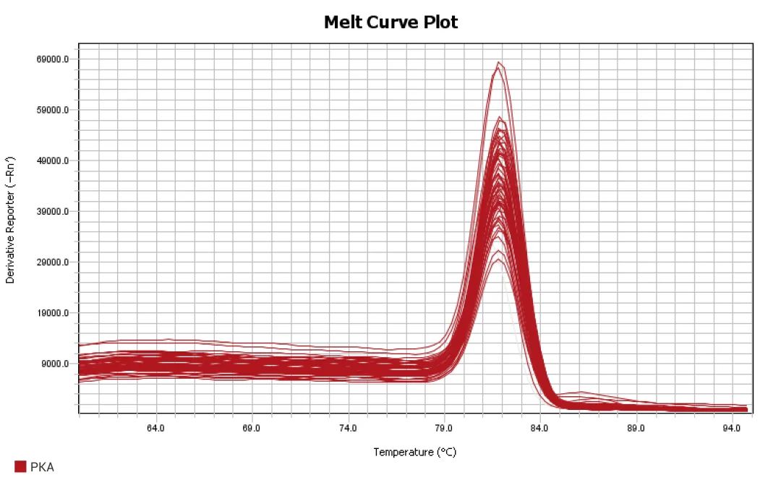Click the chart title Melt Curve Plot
(390, 22)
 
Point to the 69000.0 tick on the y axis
(54, 59)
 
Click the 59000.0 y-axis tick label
(54, 111)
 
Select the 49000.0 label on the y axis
(54, 161)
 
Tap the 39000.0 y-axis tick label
(54, 212)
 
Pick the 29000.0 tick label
(54, 262)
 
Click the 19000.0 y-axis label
(54, 314)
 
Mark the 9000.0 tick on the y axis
(56, 364)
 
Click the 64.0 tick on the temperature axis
(155, 428)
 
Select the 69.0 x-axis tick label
(252, 428)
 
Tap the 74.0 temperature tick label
(348, 428)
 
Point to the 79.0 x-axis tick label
(444, 428)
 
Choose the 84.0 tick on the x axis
(539, 428)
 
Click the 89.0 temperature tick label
(636, 428)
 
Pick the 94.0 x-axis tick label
(732, 428)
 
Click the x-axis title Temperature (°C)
(415, 453)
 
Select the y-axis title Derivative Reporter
(10, 219)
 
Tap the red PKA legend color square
(20, 467)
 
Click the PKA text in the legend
(42, 467)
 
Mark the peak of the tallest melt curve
(498, 63)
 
